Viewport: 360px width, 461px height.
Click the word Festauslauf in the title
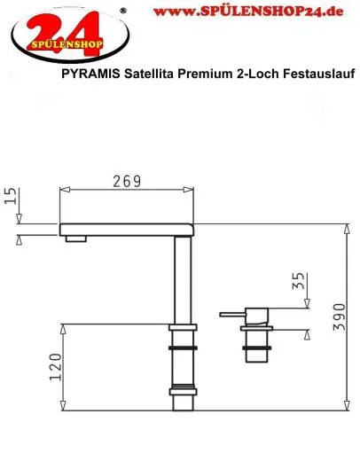point(317,77)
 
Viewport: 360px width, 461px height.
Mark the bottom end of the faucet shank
point(183,405)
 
